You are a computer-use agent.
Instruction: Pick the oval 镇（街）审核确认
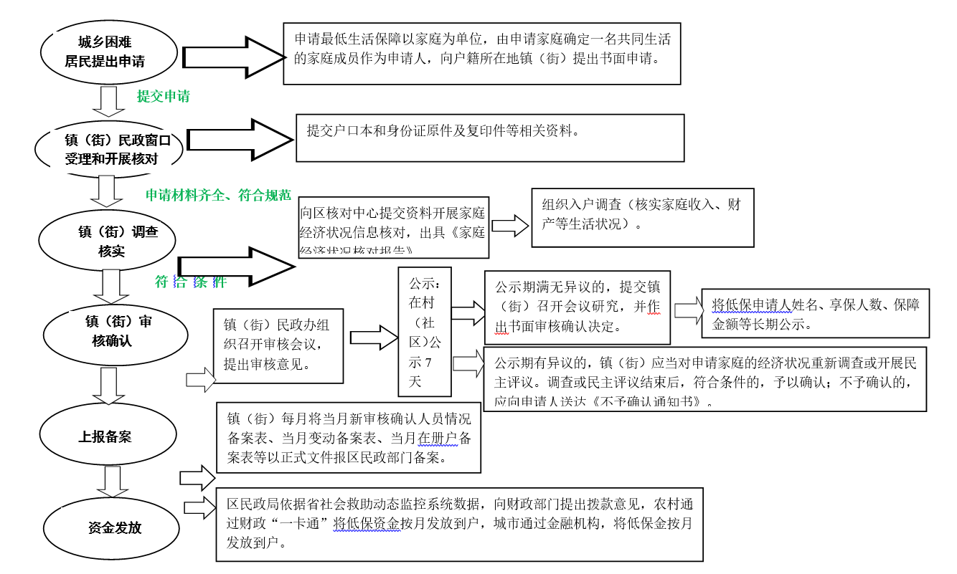(x=115, y=332)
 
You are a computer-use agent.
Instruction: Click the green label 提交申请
(x=164, y=96)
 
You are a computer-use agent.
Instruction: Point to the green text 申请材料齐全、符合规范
(x=218, y=195)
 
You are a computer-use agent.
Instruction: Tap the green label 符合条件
(x=191, y=282)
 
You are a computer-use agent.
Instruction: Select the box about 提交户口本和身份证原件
(x=490, y=138)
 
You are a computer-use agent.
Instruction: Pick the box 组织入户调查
(x=642, y=217)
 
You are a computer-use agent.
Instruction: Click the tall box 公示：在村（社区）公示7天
(x=425, y=331)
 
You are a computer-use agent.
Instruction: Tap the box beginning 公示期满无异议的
(x=577, y=307)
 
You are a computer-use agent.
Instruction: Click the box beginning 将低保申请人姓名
(x=816, y=313)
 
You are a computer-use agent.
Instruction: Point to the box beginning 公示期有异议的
(x=705, y=379)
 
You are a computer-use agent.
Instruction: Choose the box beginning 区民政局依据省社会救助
(x=459, y=525)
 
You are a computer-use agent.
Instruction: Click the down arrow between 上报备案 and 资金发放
(x=112, y=481)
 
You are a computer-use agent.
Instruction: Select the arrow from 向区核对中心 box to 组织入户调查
(x=510, y=226)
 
